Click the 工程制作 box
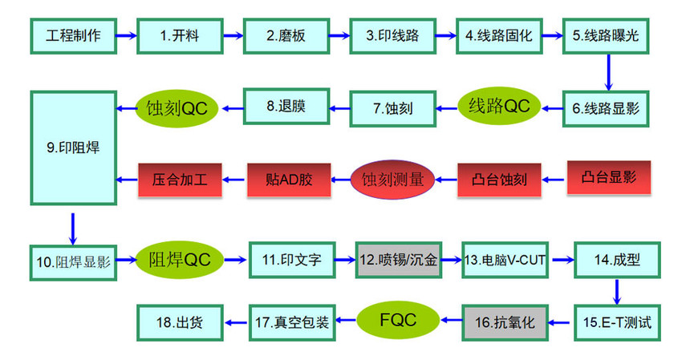[72, 36]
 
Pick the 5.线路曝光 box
[606, 36]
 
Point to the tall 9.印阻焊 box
[72, 147]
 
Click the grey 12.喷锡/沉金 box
[398, 259]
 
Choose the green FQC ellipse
[398, 320]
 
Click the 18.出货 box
[179, 322]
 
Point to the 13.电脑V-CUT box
[504, 259]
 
